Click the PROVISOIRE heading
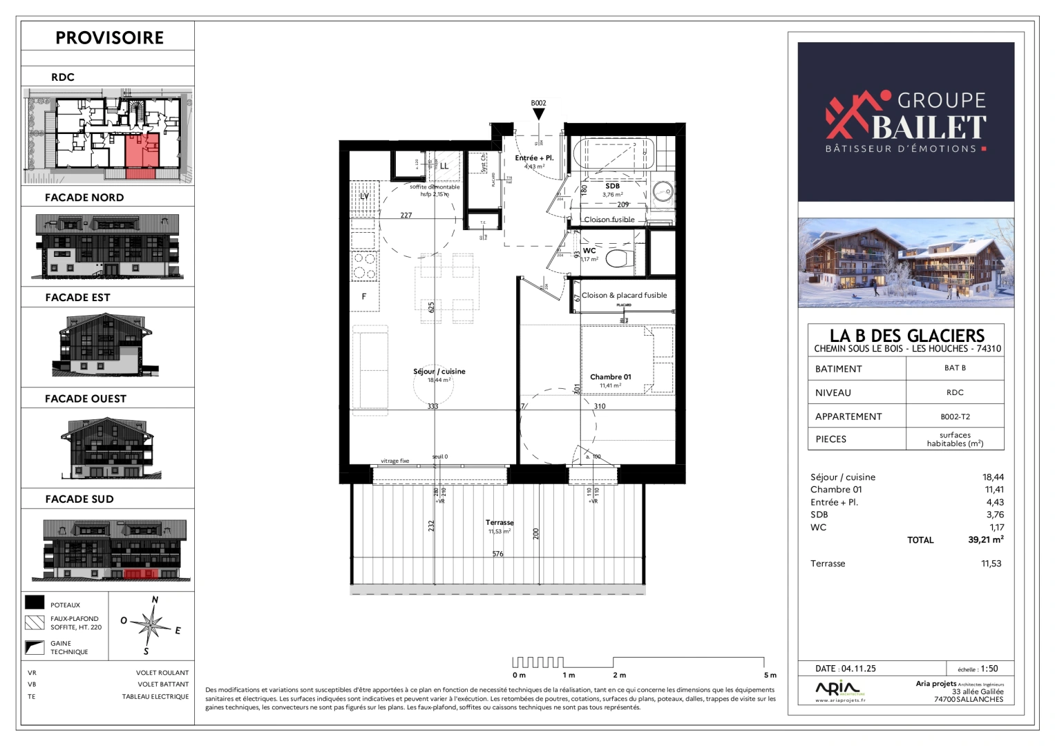click(109, 38)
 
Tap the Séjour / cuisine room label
click(439, 372)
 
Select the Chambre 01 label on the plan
click(610, 377)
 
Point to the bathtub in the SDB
click(611, 154)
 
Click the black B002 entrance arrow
click(538, 114)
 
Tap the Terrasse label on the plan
click(500, 523)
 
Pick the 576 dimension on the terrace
click(498, 554)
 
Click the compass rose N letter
click(155, 600)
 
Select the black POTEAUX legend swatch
click(35, 603)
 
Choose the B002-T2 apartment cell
click(955, 417)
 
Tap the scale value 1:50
click(989, 668)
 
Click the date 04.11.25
click(858, 669)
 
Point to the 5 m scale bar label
click(770, 675)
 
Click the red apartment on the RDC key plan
click(142, 150)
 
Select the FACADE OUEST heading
click(86, 399)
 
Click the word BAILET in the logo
click(929, 127)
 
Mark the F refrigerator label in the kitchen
click(364, 297)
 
